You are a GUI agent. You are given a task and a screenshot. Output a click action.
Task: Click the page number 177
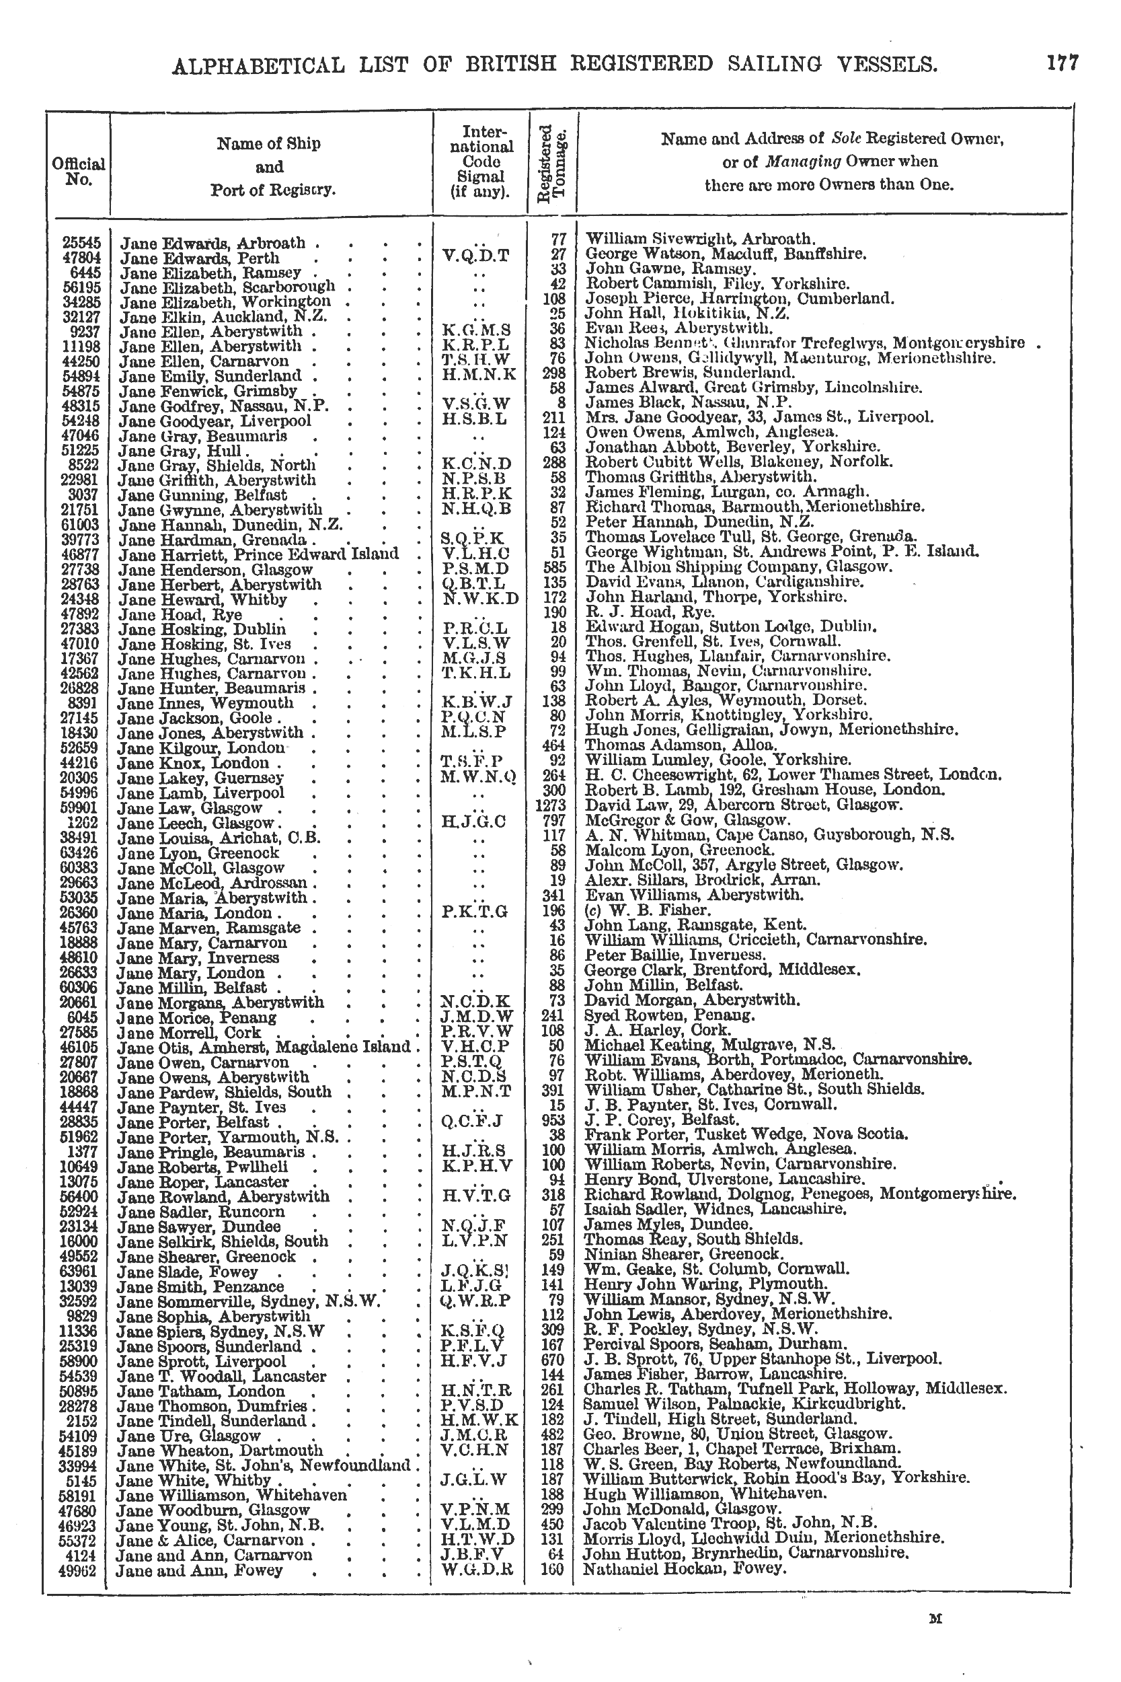click(1062, 64)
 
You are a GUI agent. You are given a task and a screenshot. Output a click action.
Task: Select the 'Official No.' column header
click(79, 172)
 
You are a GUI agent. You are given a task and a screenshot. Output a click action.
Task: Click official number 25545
click(83, 242)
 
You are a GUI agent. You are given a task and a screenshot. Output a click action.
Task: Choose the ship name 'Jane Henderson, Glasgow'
click(215, 570)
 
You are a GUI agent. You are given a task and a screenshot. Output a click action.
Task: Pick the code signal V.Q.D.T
click(476, 254)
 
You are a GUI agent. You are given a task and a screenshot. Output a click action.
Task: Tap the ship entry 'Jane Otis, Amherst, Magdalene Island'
click(264, 1046)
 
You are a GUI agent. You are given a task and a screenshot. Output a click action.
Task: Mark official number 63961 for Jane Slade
click(83, 1271)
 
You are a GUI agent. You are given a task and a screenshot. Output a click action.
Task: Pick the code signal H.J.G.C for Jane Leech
click(474, 821)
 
